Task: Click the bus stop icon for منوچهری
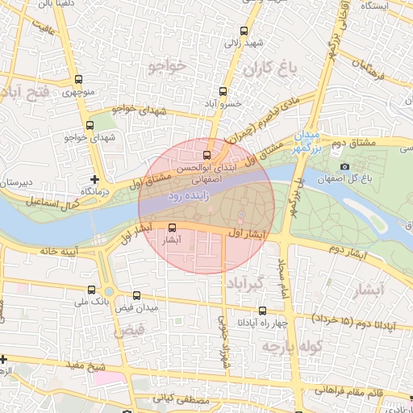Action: (x=78, y=80)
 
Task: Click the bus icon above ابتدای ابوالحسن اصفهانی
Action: (x=207, y=155)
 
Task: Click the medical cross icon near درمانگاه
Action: (x=95, y=178)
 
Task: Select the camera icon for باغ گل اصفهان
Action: (x=345, y=167)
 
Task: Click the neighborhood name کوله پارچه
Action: (x=290, y=345)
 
